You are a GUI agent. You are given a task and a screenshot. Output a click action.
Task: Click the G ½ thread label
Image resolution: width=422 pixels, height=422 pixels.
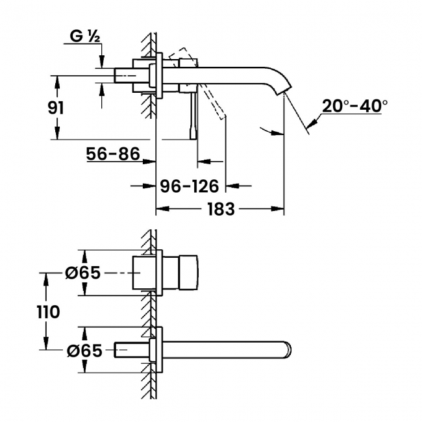click(85, 36)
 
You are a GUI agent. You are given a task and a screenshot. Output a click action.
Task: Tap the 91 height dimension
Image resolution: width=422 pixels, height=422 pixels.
click(56, 108)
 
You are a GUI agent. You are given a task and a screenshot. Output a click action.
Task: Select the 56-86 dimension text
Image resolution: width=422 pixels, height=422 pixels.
click(113, 154)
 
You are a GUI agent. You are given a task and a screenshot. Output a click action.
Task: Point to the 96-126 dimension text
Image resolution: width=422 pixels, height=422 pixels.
click(189, 186)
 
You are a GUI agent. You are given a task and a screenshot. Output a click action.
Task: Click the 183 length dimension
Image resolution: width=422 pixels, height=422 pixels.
click(221, 209)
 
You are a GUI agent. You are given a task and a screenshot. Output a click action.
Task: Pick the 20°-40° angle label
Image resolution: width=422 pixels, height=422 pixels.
click(354, 106)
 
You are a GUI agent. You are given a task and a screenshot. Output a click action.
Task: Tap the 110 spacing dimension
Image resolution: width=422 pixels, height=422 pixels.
click(48, 312)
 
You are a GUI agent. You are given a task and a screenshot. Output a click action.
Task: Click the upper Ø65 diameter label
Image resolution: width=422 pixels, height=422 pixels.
click(82, 273)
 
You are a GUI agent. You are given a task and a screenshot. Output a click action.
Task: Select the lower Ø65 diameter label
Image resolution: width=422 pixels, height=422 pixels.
click(84, 350)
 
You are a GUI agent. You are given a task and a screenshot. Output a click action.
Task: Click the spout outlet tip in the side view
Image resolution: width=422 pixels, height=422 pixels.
click(284, 91)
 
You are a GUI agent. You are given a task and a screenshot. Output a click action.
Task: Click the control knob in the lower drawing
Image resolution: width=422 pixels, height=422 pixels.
click(188, 273)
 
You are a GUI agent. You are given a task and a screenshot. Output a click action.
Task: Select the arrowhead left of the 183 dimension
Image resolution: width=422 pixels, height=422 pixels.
click(163, 208)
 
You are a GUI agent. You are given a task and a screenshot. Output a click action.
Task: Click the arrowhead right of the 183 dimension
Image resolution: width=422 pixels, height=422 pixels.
click(277, 208)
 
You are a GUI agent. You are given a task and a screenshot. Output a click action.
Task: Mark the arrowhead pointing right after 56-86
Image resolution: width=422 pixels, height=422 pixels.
click(149, 162)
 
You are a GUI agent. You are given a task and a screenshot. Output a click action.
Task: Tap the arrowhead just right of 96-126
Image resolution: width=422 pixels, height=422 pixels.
click(232, 186)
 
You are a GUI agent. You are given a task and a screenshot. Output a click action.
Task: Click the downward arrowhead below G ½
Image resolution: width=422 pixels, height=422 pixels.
click(102, 62)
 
